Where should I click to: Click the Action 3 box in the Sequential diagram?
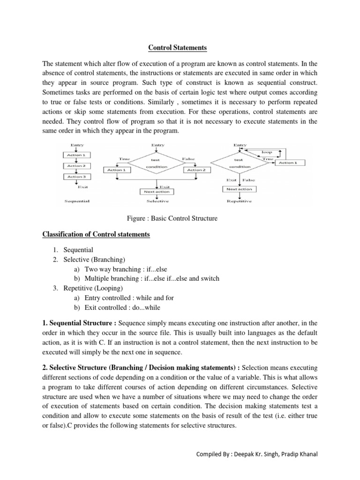tap(76, 177)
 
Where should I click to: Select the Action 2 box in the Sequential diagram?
tap(76, 165)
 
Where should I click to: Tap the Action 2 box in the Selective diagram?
tap(196, 170)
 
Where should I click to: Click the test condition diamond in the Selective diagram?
tap(153, 163)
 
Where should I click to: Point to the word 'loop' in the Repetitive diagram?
tap(267, 152)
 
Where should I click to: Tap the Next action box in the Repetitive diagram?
tap(240, 189)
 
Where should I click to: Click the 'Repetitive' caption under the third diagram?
tap(239, 201)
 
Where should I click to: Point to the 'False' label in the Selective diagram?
tap(188, 159)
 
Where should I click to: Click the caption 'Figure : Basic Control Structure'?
tap(172, 218)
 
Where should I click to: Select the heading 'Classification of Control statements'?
tap(96, 234)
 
